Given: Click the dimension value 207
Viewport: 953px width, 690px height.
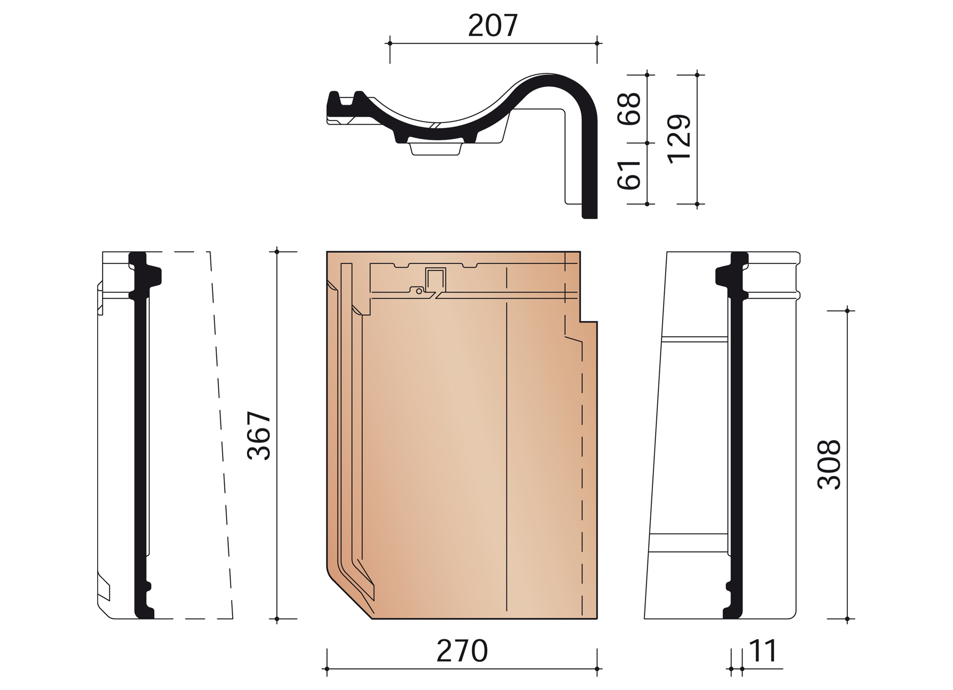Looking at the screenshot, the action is (x=492, y=25).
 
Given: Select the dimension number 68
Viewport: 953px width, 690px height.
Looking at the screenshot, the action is (x=629, y=109).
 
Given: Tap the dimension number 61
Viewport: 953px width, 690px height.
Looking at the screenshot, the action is (x=629, y=174).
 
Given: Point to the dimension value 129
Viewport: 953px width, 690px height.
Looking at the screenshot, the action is (x=679, y=139).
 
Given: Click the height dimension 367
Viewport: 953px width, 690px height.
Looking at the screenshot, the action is (x=260, y=435).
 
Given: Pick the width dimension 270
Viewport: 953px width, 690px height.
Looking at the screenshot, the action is (x=462, y=651).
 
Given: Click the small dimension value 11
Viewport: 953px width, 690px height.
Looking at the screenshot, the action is (x=763, y=651).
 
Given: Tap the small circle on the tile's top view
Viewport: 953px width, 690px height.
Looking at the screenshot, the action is (x=419, y=291).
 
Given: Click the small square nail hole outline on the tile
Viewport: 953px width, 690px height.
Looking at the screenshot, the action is (x=435, y=279).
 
